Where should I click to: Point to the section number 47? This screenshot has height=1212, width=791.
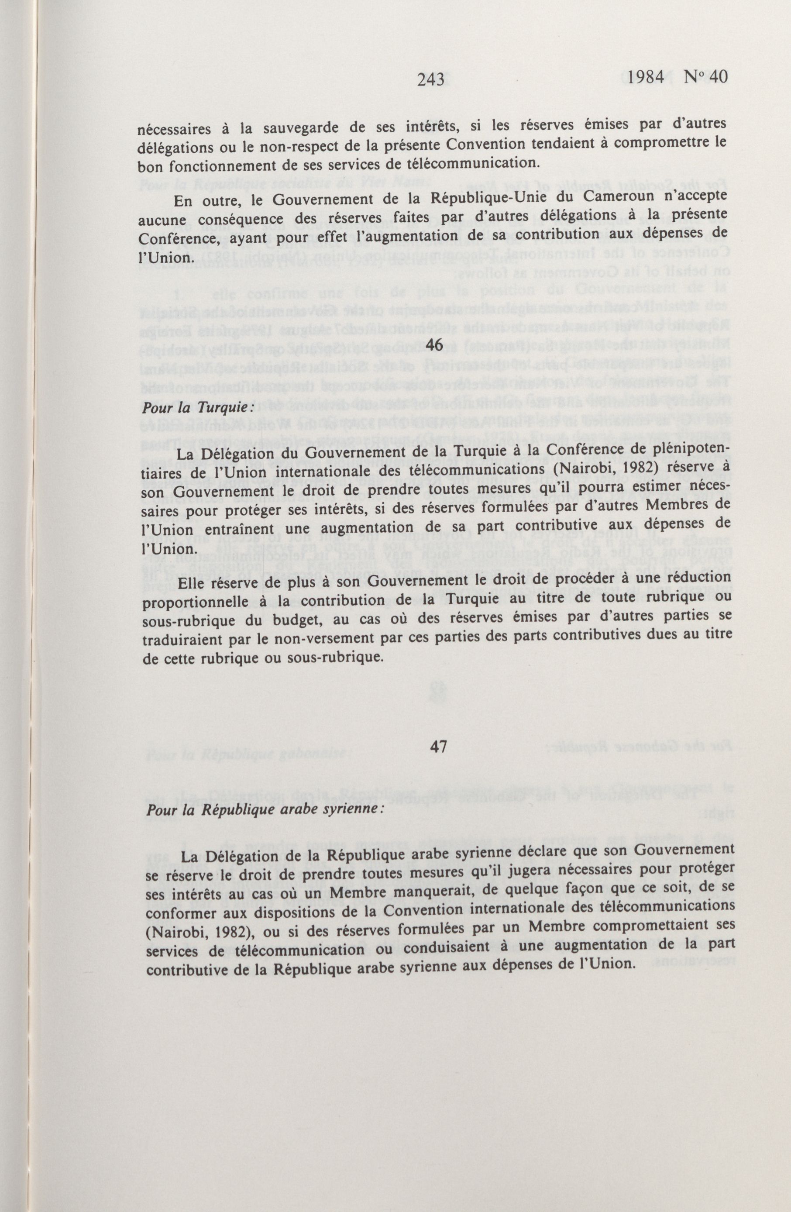coord(438,746)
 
